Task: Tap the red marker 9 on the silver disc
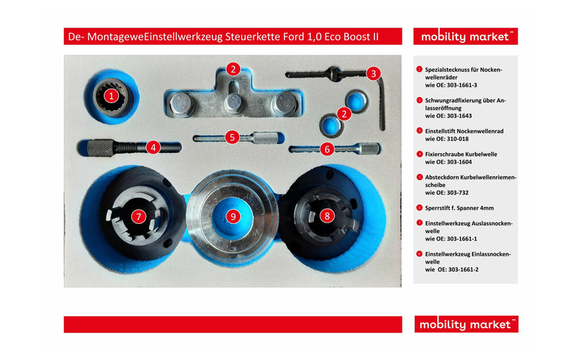pos(232,215)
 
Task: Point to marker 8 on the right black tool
pos(326,215)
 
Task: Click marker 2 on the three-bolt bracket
pos(232,70)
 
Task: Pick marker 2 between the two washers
pos(345,113)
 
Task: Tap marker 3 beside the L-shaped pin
pos(373,73)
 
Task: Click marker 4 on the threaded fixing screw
pos(153,147)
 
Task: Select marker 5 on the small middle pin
pos(231,136)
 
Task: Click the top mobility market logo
pos(466,37)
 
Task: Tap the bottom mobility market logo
pos(466,324)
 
